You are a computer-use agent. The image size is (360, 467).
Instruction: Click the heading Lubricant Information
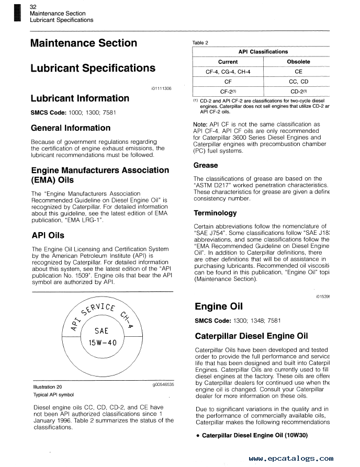(x=80, y=98)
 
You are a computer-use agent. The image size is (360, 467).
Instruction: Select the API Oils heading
(x=48, y=235)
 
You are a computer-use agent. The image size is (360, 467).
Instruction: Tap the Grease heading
(x=205, y=165)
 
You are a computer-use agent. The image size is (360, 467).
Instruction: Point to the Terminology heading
(x=215, y=213)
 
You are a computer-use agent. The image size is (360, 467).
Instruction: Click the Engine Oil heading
(x=218, y=306)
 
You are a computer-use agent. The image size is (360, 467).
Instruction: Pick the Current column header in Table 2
(x=228, y=62)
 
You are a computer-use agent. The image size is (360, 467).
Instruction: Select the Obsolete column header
(x=298, y=62)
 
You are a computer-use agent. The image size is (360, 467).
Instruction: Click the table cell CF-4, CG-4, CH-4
(x=228, y=72)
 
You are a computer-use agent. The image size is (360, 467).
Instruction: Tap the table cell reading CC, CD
(x=298, y=82)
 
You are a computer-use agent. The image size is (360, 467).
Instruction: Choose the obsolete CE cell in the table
(x=298, y=72)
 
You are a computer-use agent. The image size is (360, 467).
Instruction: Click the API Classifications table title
(x=263, y=52)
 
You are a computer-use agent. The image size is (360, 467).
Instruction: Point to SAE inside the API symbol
(x=102, y=331)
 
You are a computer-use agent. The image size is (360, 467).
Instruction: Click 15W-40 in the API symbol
(x=102, y=343)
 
